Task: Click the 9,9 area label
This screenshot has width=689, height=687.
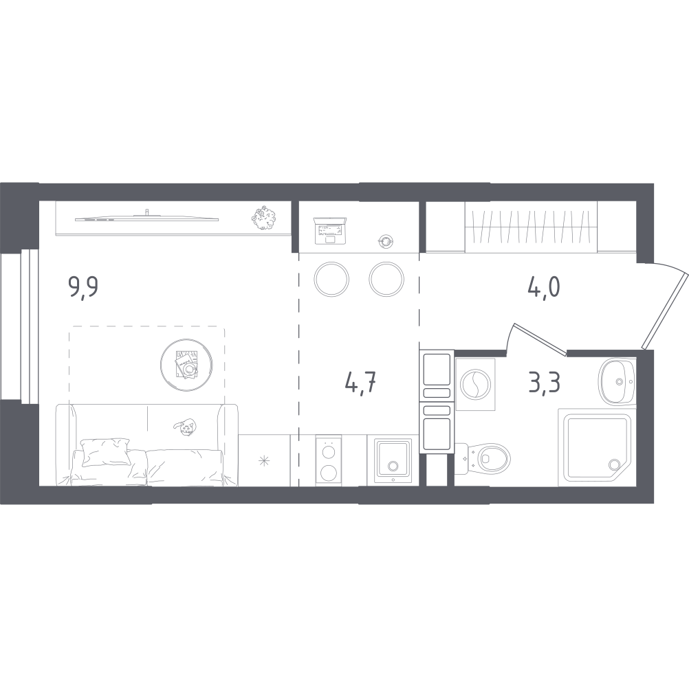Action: click(83, 288)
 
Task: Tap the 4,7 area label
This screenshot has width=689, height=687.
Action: click(361, 383)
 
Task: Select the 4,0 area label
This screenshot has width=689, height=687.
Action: click(543, 287)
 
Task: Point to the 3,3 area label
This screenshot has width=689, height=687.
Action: click(545, 382)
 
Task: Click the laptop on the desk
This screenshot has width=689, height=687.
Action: click(329, 230)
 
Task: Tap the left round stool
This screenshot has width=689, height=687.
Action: click(331, 279)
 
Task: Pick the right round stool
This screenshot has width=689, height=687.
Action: click(386, 279)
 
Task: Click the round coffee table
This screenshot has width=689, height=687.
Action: click(188, 364)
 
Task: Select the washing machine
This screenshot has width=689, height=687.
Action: click(475, 383)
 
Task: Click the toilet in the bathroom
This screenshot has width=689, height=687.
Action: click(483, 459)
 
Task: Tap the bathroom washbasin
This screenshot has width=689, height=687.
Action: click(617, 381)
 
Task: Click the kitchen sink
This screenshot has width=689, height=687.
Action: click(393, 461)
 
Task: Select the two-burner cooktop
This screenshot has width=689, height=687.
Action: click(328, 460)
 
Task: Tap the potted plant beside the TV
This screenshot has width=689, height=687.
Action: click(263, 217)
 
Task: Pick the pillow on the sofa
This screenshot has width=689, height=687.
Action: click(107, 451)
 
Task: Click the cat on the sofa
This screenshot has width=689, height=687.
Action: click(185, 427)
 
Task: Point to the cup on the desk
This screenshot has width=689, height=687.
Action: click(386, 241)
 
